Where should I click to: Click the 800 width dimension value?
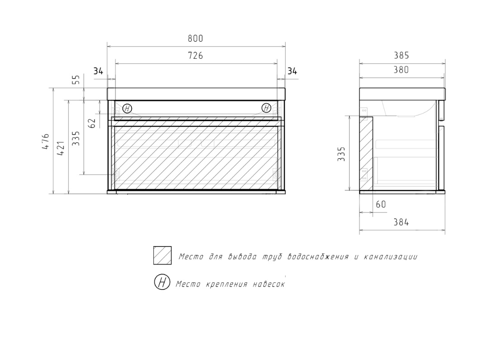tap(195, 38)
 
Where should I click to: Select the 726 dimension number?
tap(195, 56)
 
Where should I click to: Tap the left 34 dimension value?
tap(98, 71)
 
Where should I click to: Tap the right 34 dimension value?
tap(292, 71)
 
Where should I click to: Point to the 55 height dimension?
tap(76, 80)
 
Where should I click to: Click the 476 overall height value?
tap(46, 142)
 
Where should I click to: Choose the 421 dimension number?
tap(61, 148)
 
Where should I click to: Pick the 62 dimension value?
tap(92, 123)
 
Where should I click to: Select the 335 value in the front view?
tap(76, 138)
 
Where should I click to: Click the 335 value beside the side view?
tap(341, 154)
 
